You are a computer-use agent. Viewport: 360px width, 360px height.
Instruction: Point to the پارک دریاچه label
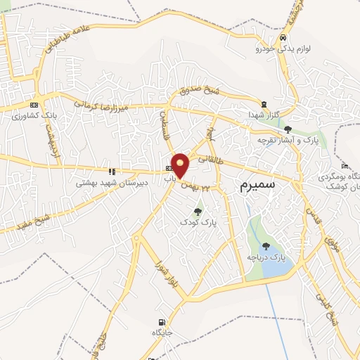(266, 258)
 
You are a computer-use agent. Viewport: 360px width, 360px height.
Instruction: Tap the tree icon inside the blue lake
(266, 247)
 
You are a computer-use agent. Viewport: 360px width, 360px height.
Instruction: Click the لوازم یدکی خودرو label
(281, 49)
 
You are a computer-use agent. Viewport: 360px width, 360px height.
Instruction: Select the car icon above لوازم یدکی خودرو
(282, 37)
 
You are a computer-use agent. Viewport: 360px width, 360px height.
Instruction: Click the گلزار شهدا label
(264, 114)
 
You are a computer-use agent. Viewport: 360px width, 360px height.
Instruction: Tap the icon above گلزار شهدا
(264, 103)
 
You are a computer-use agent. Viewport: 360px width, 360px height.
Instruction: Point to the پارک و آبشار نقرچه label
(288, 140)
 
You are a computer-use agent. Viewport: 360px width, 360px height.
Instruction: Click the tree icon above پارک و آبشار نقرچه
(288, 129)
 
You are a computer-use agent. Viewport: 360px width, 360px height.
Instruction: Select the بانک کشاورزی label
(33, 115)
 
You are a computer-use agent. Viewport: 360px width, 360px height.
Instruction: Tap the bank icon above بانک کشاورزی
(33, 103)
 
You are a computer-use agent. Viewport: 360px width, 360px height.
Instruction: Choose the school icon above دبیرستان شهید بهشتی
(111, 171)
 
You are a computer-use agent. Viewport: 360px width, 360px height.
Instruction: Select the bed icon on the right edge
(343, 166)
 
